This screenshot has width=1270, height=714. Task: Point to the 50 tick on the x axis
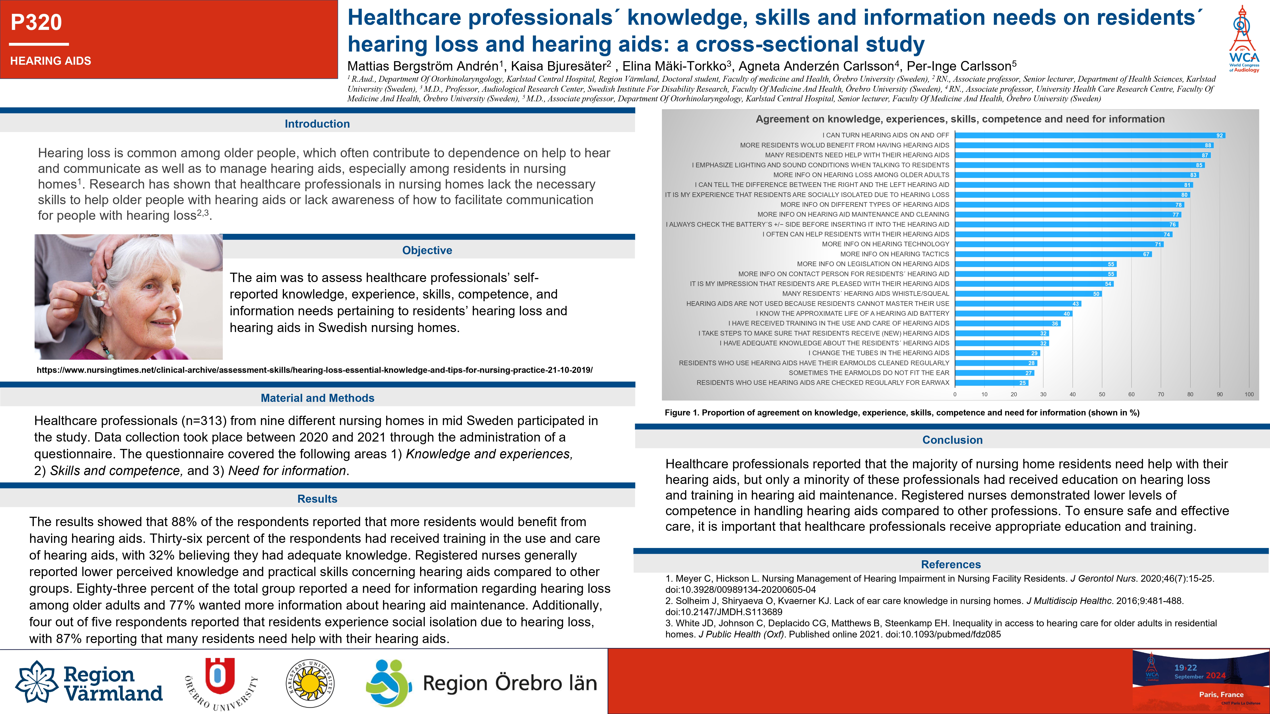click(1102, 394)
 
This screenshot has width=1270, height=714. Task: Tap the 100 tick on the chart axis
click(1249, 394)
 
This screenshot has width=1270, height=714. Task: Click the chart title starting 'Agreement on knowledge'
click(960, 119)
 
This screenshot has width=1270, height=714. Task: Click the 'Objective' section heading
click(427, 250)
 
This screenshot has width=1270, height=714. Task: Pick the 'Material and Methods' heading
click(317, 398)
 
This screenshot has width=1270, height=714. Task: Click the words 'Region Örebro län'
click(510, 683)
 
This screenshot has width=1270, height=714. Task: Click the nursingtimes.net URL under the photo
click(315, 370)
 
